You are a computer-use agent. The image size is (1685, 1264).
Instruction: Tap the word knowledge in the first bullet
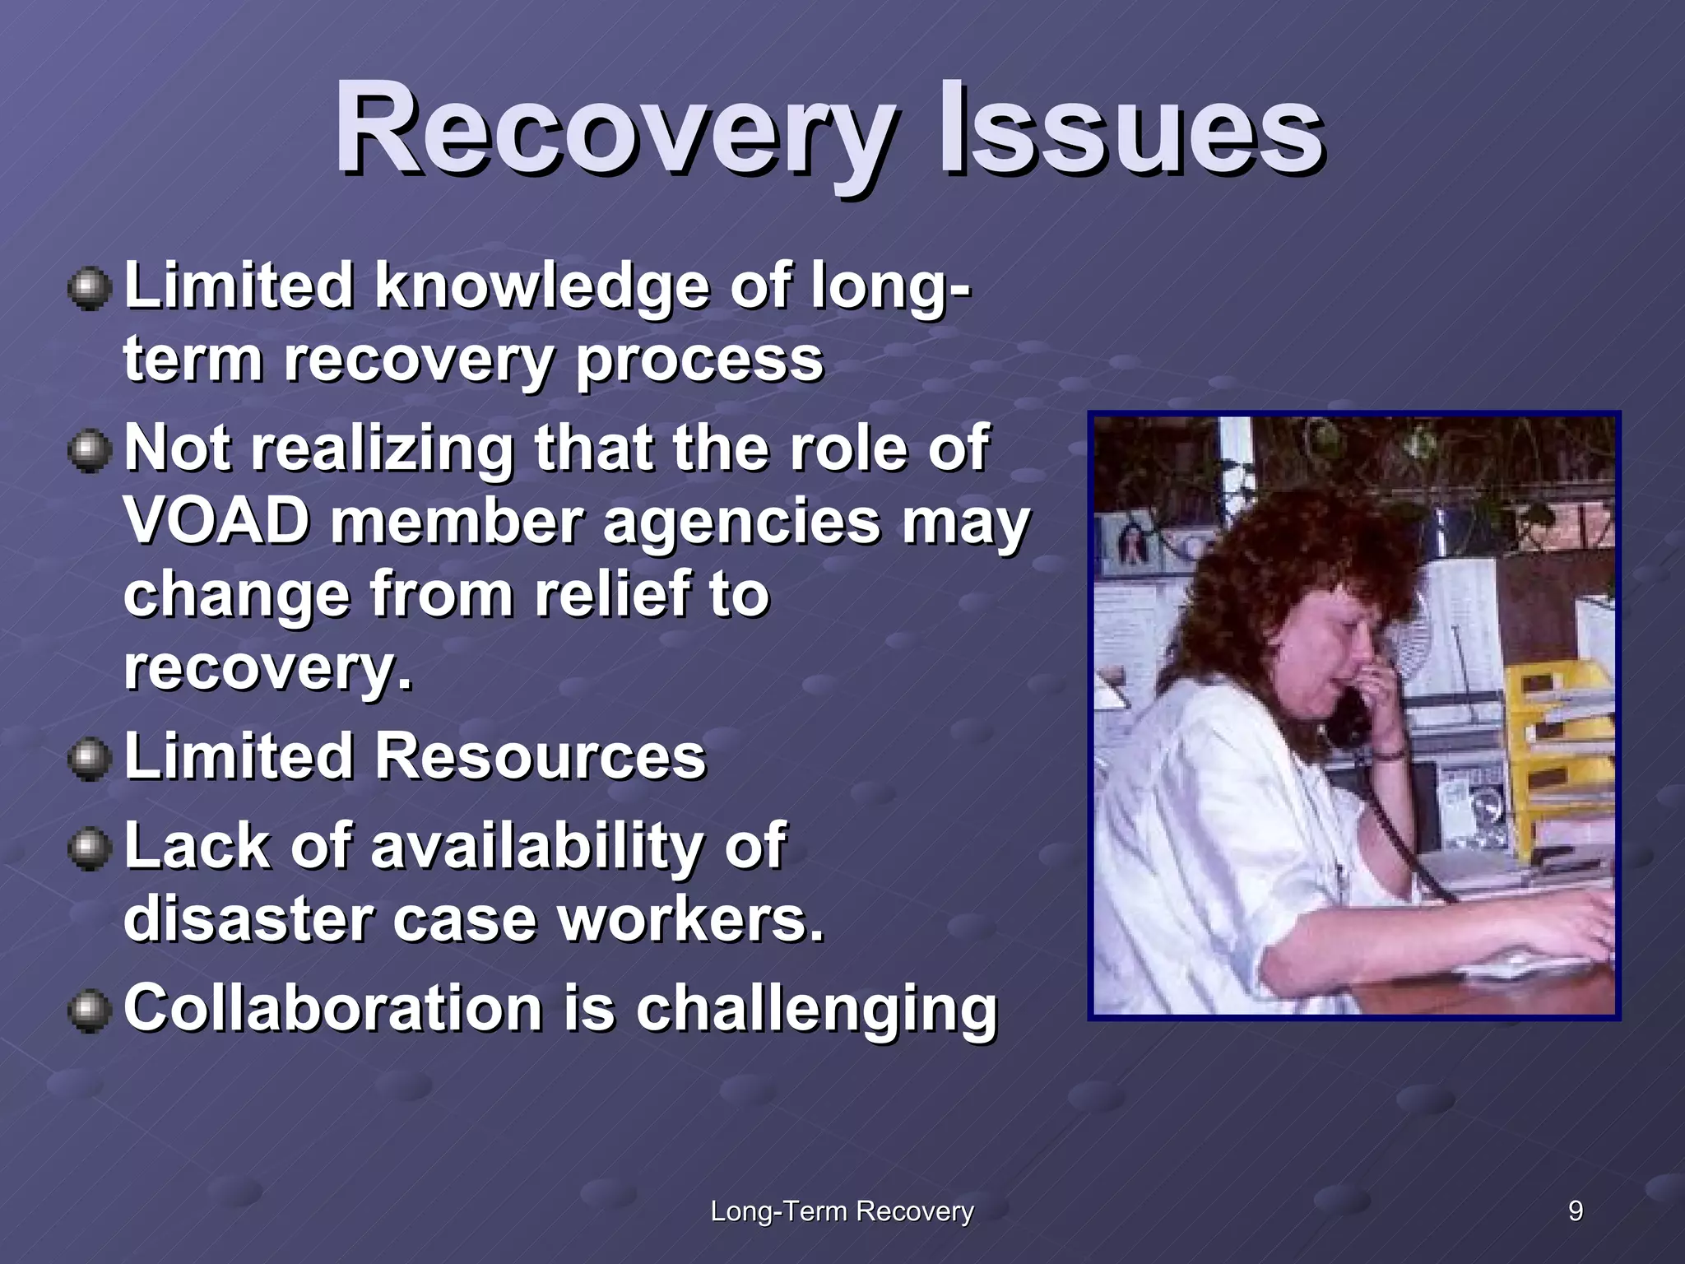pos(541,286)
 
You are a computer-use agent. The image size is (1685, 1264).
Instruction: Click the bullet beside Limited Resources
pos(89,758)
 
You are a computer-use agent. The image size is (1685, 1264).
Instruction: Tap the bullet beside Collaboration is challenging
pos(89,1011)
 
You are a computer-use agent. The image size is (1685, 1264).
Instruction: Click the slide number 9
pos(1575,1211)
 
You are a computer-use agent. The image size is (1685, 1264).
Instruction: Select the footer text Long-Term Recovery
pos(842,1211)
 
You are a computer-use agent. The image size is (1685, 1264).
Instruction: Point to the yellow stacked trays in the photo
pos(1555,741)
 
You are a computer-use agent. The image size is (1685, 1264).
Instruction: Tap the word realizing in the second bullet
pos(382,449)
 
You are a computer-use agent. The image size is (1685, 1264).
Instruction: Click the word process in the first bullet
pos(699,359)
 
